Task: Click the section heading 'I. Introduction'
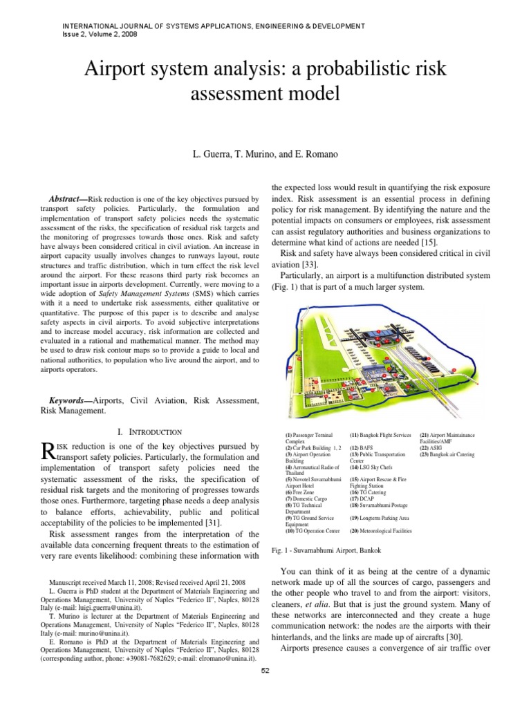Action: coord(149,431)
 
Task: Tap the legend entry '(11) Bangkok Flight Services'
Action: coord(381,435)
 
